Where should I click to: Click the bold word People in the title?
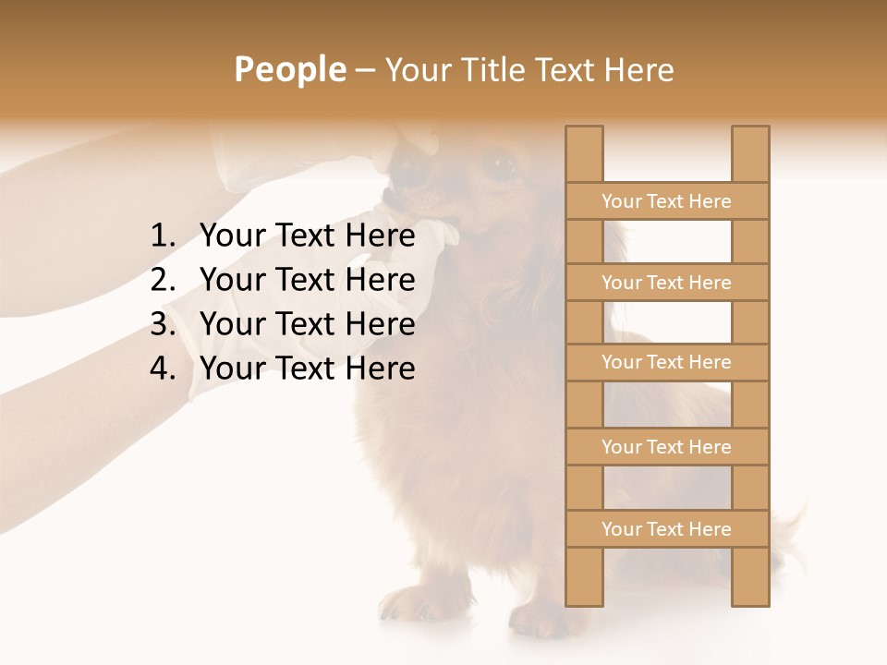289,69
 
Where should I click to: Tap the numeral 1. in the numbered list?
163,236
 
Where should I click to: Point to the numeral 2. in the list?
163,280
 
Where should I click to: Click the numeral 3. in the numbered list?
163,324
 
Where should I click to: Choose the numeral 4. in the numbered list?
163,369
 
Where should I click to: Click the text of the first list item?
308,236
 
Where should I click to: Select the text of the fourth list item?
308,369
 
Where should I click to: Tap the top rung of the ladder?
666,201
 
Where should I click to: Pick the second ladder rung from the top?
666,283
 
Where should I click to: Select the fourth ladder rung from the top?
666,447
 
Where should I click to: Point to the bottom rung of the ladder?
666,529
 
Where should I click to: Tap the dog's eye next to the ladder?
502,167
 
